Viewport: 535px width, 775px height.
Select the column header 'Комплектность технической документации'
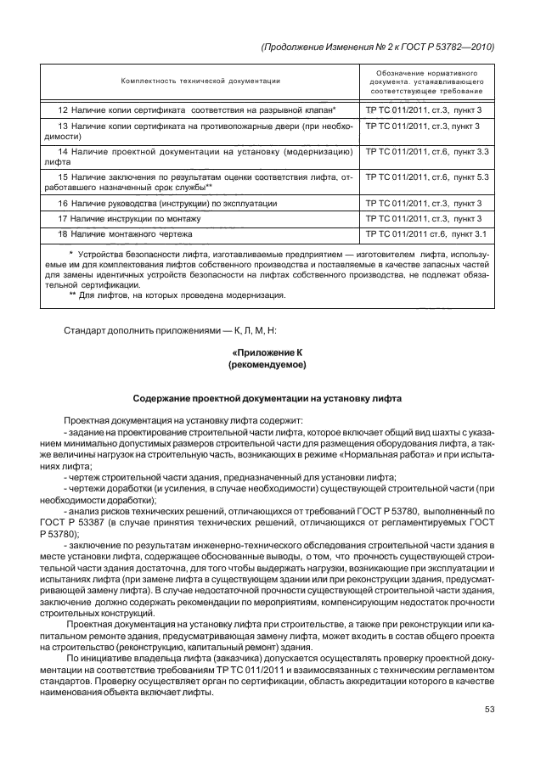[200, 81]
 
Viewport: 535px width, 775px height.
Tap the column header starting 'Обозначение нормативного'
[425, 81]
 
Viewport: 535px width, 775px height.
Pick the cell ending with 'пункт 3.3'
[426, 152]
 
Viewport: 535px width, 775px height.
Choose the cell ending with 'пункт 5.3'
[426, 177]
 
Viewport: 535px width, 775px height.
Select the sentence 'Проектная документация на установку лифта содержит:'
[177, 420]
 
